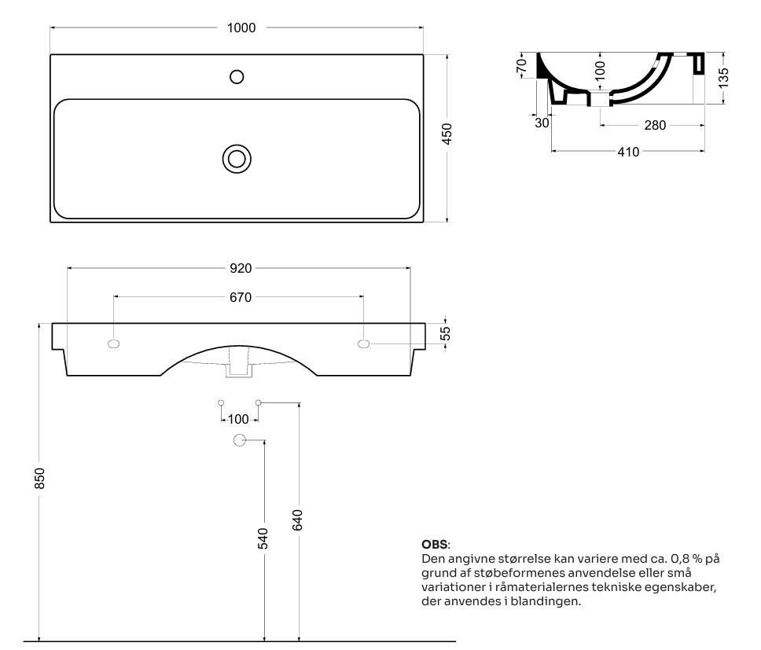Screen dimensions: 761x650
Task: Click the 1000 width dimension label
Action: point(241,28)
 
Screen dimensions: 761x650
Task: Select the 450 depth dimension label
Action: point(447,134)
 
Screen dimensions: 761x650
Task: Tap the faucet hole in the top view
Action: point(237,77)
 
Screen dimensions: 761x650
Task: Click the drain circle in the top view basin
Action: point(237,159)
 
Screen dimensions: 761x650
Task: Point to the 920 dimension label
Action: point(241,268)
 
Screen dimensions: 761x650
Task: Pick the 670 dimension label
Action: point(241,297)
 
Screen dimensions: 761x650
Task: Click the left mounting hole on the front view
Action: point(113,344)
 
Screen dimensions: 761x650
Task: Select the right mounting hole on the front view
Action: point(363,344)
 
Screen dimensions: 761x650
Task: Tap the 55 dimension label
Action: point(446,333)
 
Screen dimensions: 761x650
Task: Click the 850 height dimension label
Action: point(40,479)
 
